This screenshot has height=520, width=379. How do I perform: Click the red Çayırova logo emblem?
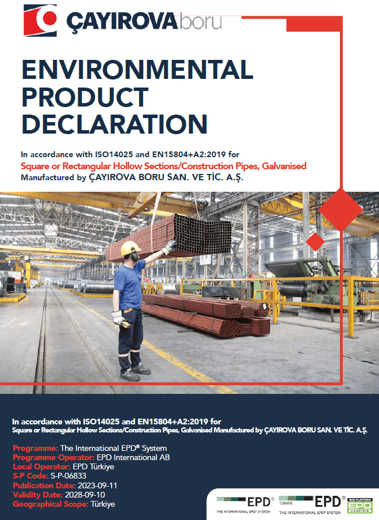tap(40, 20)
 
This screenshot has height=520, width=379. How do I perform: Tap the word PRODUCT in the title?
tap(85, 97)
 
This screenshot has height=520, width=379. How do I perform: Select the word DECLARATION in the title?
tap(114, 124)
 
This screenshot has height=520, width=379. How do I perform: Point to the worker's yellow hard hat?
tap(130, 248)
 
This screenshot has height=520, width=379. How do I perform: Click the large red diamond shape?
tap(340, 210)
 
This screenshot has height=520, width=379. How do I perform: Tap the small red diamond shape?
tap(315, 241)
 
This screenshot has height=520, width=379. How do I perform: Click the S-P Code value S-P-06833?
tap(68, 476)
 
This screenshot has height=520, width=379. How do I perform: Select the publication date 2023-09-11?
tap(97, 485)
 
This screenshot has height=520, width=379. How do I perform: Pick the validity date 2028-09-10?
tap(85, 495)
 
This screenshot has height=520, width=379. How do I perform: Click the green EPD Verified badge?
tap(359, 506)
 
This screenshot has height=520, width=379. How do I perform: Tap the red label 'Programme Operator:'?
tap(53, 457)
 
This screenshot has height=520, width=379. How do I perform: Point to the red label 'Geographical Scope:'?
tap(51, 504)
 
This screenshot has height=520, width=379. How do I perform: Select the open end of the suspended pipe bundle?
tap(203, 234)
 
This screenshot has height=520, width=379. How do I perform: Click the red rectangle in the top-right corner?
tap(314, 24)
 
